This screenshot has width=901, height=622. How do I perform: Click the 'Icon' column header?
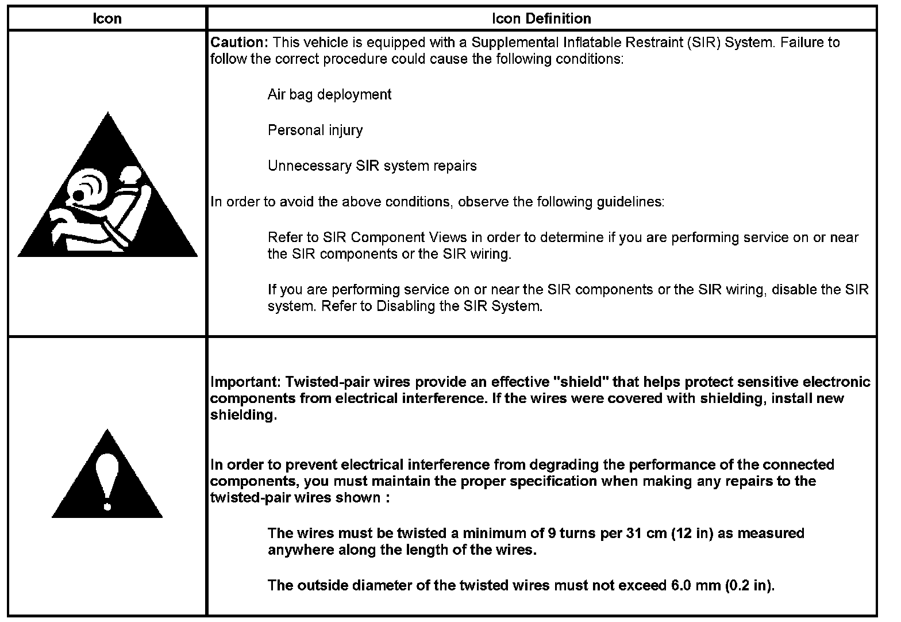click(x=107, y=19)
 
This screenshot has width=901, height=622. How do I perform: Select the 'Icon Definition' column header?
click(x=541, y=19)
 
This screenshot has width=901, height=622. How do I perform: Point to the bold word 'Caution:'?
click(x=240, y=43)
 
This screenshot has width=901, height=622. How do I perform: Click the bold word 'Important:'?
click(x=246, y=382)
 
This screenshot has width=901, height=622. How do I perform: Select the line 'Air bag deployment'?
click(x=329, y=94)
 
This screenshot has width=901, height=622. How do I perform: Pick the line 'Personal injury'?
click(x=315, y=130)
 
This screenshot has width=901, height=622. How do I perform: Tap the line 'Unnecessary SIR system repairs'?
click(x=372, y=166)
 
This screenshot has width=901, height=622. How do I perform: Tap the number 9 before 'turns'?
click(x=551, y=533)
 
